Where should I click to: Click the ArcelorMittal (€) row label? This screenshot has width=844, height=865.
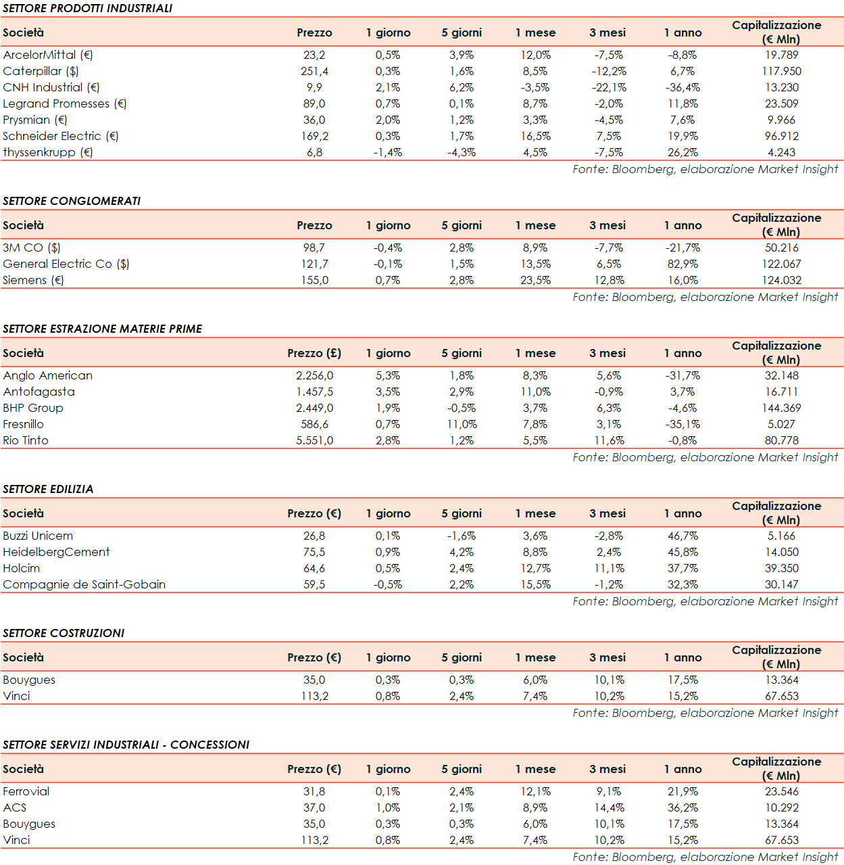click(48, 55)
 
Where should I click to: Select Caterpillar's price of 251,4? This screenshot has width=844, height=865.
click(314, 71)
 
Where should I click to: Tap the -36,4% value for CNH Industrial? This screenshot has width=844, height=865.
click(682, 87)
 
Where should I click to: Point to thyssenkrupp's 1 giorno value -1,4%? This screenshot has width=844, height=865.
click(388, 152)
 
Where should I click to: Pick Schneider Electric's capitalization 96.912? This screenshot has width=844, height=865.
click(781, 136)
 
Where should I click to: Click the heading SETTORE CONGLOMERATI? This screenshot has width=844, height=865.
click(72, 201)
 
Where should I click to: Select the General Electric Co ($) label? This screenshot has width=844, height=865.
click(66, 264)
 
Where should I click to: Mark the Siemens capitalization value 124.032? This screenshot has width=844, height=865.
click(781, 280)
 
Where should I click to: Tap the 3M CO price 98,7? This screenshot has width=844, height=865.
click(314, 248)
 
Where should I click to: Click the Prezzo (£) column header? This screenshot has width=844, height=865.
click(314, 353)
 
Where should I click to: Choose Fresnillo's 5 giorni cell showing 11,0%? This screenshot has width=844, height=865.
click(462, 424)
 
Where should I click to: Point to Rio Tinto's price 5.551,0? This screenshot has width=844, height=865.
click(314, 440)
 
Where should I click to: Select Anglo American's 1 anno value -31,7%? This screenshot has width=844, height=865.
click(682, 375)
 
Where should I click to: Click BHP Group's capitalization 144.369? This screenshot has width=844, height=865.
click(781, 408)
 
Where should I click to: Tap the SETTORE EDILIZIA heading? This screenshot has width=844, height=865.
click(48, 489)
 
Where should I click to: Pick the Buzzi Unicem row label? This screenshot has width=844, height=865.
click(38, 536)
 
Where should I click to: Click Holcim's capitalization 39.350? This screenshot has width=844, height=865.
click(781, 568)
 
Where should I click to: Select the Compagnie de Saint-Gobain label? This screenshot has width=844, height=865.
click(84, 584)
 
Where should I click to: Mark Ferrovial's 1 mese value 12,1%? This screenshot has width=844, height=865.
click(535, 791)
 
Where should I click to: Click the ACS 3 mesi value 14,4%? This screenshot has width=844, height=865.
click(609, 808)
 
